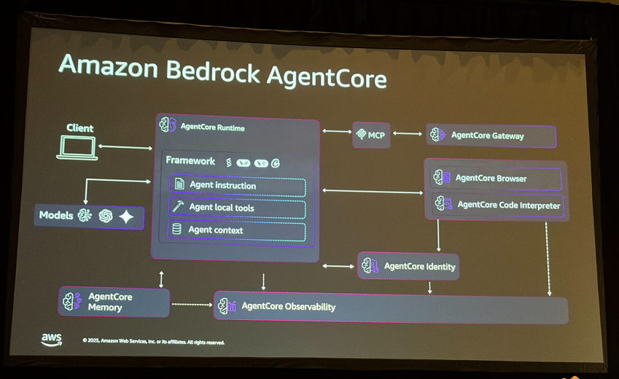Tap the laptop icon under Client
[77, 148]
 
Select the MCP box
[371, 135]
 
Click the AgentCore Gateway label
[487, 136]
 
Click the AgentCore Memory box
[114, 302]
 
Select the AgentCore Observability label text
[288, 307]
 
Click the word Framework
[190, 161]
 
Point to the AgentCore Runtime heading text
[212, 128]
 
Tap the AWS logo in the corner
[52, 340]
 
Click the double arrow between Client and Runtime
[125, 147]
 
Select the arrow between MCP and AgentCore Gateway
[408, 133]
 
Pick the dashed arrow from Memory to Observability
[192, 305]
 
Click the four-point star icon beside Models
[127, 216]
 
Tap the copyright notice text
[153, 341]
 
